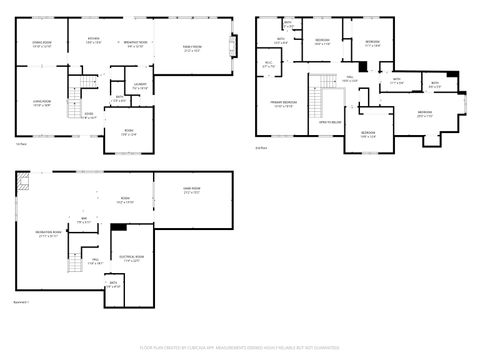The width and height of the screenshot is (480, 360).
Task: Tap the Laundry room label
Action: tap(140, 86)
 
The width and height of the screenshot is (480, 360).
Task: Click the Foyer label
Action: tap(89, 114)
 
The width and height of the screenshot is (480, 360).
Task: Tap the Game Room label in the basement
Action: tap(191, 192)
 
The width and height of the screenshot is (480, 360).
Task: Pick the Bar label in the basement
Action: tap(84, 220)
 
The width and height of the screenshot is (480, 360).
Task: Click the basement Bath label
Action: tap(114, 285)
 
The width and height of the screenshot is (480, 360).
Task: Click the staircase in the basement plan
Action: tap(73, 262)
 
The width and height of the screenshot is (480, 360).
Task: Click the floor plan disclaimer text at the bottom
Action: tap(239, 347)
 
